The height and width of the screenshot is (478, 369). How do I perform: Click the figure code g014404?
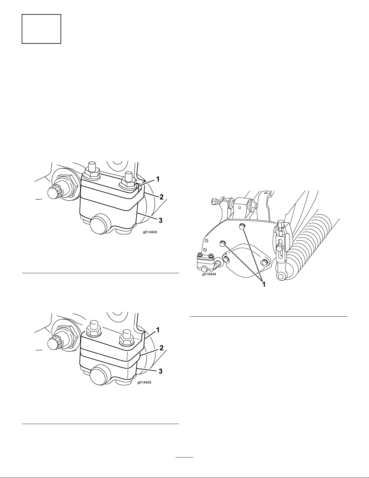tap(150, 232)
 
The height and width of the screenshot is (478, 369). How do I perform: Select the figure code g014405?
tap(144, 382)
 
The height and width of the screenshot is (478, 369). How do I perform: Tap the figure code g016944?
tap(209, 274)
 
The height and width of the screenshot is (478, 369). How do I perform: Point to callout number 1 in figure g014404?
tap(158, 179)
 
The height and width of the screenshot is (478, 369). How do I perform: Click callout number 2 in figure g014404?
tap(161, 197)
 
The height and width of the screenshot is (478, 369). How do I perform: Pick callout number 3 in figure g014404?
tap(161, 220)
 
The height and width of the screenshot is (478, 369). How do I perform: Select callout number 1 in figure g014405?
tap(158, 330)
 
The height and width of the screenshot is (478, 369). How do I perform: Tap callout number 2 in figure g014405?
tap(161, 348)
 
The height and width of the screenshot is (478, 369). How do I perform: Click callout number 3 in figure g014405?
tap(161, 371)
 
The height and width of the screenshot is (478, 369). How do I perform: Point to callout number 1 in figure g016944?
tap(264, 284)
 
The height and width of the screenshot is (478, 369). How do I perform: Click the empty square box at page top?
tap(41, 29)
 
